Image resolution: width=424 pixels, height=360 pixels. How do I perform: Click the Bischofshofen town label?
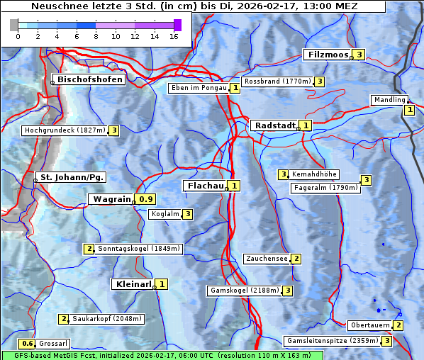click(90, 79)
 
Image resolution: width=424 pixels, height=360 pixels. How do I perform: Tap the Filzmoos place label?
click(327, 55)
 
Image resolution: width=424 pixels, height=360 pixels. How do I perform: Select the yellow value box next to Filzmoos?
click(359, 55)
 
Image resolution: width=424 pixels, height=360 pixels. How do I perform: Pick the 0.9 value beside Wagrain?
click(146, 199)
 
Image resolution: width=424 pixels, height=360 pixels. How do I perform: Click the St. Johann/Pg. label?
click(72, 177)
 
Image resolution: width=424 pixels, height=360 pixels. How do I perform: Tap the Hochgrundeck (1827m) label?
click(65, 130)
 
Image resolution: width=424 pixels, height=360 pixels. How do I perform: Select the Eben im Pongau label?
click(199, 88)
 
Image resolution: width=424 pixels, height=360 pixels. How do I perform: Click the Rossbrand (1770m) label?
click(277, 81)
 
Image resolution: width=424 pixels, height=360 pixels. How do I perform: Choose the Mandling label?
click(389, 100)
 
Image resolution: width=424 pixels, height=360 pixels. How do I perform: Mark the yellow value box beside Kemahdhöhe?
click(283, 174)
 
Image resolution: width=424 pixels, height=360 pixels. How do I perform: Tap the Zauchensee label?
click(267, 259)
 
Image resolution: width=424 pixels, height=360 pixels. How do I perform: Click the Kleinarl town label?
click(133, 284)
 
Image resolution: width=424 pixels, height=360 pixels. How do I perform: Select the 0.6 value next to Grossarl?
click(28, 344)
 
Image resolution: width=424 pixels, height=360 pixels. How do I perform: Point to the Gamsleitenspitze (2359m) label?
click(331, 341)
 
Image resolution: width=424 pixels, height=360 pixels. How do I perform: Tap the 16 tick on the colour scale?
click(173, 36)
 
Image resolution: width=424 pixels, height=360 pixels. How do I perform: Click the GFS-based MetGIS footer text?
click(162, 355)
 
